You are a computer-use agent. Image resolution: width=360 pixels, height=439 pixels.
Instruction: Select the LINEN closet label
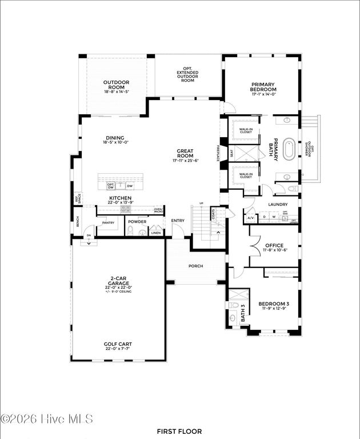click(155, 233)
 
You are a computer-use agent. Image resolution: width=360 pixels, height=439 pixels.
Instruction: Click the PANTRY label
click(108, 223)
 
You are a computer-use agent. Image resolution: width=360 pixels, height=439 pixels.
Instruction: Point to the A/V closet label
click(250, 218)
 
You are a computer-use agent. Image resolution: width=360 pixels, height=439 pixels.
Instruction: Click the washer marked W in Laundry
click(273, 217)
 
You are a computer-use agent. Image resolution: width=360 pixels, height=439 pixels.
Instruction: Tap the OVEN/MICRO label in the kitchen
click(158, 211)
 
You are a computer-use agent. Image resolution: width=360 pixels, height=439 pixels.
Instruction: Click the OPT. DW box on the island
click(110, 186)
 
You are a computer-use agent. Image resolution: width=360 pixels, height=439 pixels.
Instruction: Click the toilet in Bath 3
click(233, 318)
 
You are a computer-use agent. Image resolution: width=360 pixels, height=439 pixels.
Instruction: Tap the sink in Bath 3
click(233, 305)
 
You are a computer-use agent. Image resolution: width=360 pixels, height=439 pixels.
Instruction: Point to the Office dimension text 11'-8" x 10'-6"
click(274, 250)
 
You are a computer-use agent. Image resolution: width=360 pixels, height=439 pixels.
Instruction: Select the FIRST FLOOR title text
click(179, 431)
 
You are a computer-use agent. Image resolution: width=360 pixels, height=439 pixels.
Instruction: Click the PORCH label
click(196, 266)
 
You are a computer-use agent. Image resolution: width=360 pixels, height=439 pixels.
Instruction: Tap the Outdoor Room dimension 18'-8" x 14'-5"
click(117, 91)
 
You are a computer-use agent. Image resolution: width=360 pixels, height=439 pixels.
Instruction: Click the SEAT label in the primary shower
click(231, 153)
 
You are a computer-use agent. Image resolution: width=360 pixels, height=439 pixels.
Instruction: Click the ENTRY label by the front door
click(178, 221)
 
